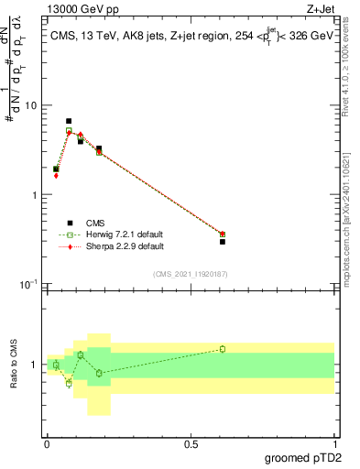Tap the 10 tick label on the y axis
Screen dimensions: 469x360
click(30, 105)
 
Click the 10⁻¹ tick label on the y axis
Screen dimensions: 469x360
click(27, 285)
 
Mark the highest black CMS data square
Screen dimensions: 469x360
click(69, 121)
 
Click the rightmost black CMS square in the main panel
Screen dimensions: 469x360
click(223, 241)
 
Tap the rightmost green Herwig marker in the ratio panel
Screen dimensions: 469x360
click(223, 349)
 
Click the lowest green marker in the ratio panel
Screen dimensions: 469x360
click(69, 383)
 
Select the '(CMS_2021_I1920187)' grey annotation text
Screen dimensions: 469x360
click(190, 274)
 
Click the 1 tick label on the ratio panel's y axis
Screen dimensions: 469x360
click(33, 365)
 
